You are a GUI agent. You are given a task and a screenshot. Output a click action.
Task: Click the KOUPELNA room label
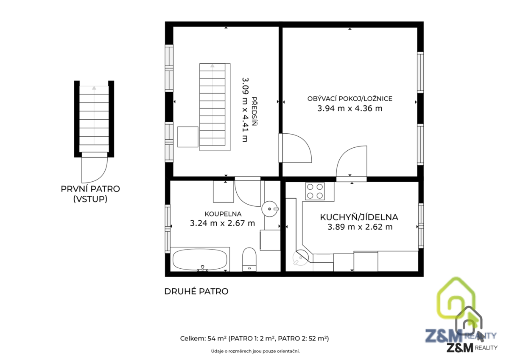(x=223, y=214)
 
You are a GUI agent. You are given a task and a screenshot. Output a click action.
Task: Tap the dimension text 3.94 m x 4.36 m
(x=350, y=109)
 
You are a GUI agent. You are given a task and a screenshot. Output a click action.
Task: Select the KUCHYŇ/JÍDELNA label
(x=359, y=217)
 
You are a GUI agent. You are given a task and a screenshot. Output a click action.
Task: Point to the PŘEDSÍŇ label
(x=254, y=111)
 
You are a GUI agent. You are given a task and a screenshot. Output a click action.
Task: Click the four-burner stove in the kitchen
(x=315, y=191)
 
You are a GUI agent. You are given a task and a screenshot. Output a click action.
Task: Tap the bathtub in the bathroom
(x=200, y=259)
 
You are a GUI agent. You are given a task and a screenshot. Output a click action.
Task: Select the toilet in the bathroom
(x=249, y=259)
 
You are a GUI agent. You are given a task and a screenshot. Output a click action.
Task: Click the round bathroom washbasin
(x=270, y=208)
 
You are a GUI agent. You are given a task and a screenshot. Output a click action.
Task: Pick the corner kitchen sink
(x=300, y=258)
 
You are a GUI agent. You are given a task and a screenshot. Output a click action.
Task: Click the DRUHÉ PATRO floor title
(x=196, y=291)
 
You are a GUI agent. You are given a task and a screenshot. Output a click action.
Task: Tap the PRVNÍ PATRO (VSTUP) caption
(x=90, y=194)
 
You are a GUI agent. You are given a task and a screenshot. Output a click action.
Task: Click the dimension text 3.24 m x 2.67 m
(x=222, y=223)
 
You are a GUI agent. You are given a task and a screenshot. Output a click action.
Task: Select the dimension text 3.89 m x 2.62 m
(x=360, y=227)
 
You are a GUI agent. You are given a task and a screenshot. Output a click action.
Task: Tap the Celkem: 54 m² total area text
(x=255, y=339)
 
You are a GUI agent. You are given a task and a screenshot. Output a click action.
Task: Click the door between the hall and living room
(x=295, y=148)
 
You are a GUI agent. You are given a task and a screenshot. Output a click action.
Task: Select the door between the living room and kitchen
(x=351, y=163)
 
